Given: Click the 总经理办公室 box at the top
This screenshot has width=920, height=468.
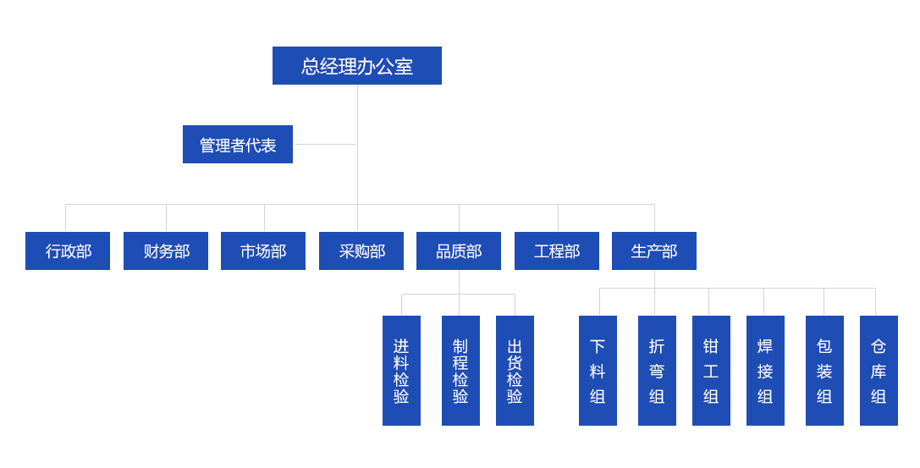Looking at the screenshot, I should click(356, 66).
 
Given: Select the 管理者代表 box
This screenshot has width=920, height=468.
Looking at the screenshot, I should click(237, 145).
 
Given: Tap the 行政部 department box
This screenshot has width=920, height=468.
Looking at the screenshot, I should click(68, 251).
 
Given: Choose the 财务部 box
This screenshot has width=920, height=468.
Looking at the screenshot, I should click(165, 251).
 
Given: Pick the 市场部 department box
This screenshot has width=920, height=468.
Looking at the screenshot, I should click(262, 251).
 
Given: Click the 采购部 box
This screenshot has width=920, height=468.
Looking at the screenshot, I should click(361, 251).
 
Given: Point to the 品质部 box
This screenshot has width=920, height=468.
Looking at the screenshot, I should click(458, 251).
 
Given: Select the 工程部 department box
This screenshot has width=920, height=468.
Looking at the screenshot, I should click(556, 251).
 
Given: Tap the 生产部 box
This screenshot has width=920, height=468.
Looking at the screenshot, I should click(653, 251).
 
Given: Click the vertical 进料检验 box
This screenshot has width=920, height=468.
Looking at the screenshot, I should click(401, 370).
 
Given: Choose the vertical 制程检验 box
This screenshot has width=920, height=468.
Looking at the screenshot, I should click(460, 370).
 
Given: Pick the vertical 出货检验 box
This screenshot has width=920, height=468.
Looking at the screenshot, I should click(515, 370).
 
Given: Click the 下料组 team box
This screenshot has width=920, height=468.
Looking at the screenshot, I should click(598, 370).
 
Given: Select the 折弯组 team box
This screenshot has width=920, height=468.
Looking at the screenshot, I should click(657, 370).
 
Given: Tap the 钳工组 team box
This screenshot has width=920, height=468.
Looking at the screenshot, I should click(711, 370).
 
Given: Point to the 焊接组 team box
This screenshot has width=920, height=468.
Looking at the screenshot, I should click(765, 370).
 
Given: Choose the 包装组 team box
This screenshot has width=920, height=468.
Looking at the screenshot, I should click(824, 370).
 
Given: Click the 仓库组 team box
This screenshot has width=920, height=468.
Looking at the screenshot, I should click(878, 370).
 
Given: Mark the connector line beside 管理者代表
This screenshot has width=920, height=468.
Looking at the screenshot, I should click(325, 144).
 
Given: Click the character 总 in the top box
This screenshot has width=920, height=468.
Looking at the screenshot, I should click(311, 66).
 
